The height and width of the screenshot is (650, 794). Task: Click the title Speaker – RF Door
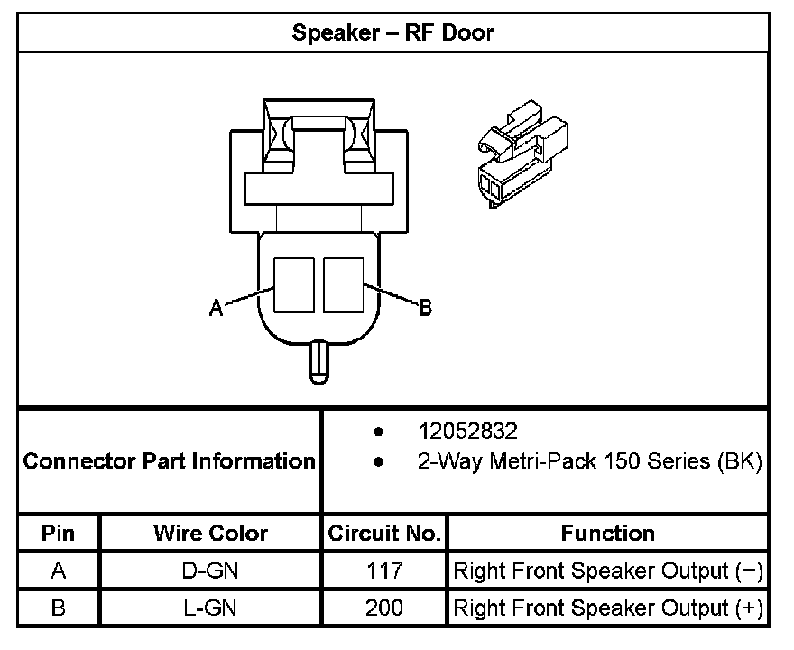[392, 33]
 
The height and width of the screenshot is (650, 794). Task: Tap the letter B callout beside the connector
[426, 309]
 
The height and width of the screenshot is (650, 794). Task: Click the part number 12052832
[467, 431]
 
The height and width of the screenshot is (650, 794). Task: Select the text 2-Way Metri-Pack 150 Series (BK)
[589, 462]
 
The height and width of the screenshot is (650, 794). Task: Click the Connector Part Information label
[169, 461]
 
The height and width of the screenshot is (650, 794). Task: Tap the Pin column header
[59, 533]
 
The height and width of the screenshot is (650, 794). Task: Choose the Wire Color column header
[210, 533]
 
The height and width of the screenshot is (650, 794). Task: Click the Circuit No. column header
[384, 533]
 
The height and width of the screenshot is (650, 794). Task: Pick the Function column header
[607, 533]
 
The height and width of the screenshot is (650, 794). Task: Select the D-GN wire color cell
[210, 571]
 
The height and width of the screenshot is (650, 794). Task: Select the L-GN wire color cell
[210, 608]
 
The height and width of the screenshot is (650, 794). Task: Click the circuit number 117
[384, 571]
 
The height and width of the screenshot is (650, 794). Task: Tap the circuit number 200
[384, 608]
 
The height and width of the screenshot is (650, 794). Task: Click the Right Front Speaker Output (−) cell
[607, 571]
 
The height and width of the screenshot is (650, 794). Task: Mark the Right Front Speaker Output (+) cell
[607, 608]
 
